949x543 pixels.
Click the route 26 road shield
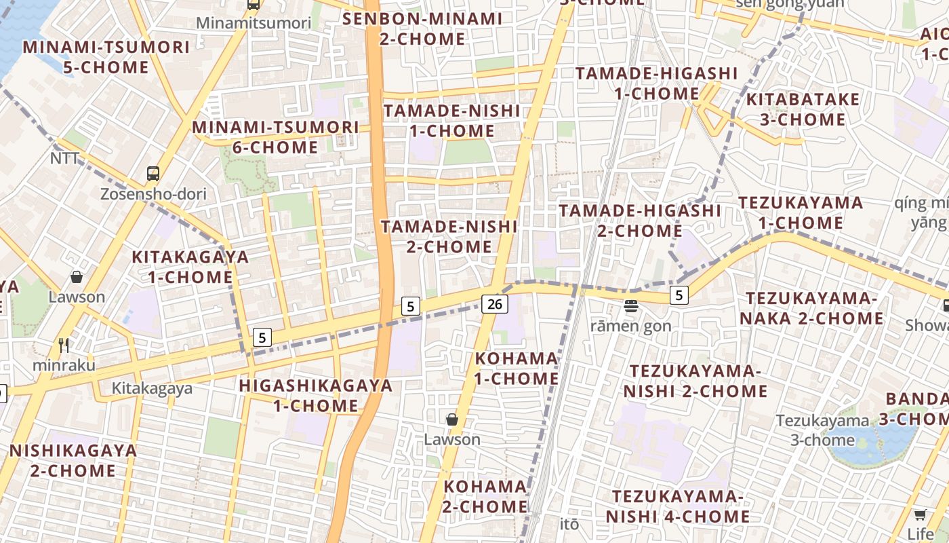pos(495,303)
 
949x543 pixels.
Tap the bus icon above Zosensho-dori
pos(153,174)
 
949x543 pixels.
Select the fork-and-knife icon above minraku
pos(64,345)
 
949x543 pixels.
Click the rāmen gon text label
pos(630,326)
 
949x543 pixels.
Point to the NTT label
pos(65,158)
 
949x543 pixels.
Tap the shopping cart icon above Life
pos(920,514)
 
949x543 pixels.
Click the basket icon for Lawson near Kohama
pos(452,420)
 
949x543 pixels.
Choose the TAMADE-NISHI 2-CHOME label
pos(449,236)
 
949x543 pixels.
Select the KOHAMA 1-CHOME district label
pos(517,368)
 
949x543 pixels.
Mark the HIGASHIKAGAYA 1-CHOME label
pos(315,396)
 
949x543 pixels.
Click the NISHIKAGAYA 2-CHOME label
pos(73,460)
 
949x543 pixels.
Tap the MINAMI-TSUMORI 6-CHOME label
pos(275,137)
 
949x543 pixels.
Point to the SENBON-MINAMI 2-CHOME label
pos(422,29)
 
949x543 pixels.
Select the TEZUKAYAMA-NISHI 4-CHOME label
pos(678,506)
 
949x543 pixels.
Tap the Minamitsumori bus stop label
pos(254,23)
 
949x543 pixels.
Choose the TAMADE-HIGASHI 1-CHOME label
pos(656,83)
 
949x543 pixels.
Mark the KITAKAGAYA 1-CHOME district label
pos(190,267)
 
